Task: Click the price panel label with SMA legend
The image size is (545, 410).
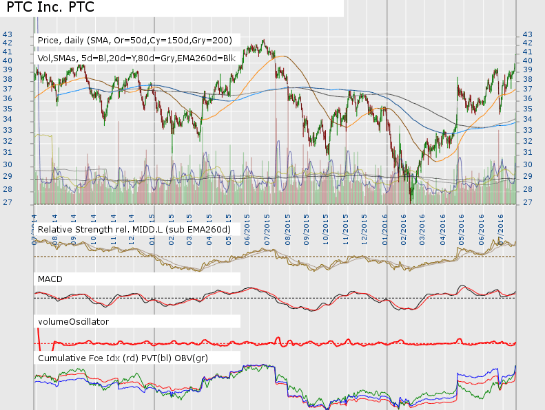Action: (x=135, y=40)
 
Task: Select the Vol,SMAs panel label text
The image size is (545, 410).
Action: (x=136, y=57)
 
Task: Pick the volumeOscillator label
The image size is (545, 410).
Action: (x=74, y=321)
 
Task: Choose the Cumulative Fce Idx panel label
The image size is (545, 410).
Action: (x=123, y=358)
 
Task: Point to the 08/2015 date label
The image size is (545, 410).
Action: (x=286, y=228)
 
